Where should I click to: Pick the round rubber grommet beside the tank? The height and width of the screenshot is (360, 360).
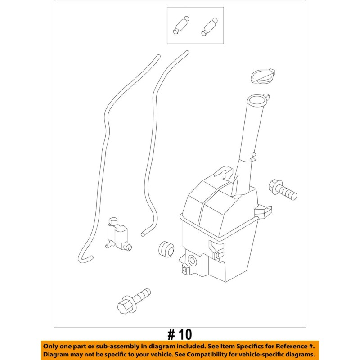coord(166,248)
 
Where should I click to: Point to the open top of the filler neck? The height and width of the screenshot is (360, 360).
coord(257,99)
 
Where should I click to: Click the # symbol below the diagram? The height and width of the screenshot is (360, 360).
coord(171,334)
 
